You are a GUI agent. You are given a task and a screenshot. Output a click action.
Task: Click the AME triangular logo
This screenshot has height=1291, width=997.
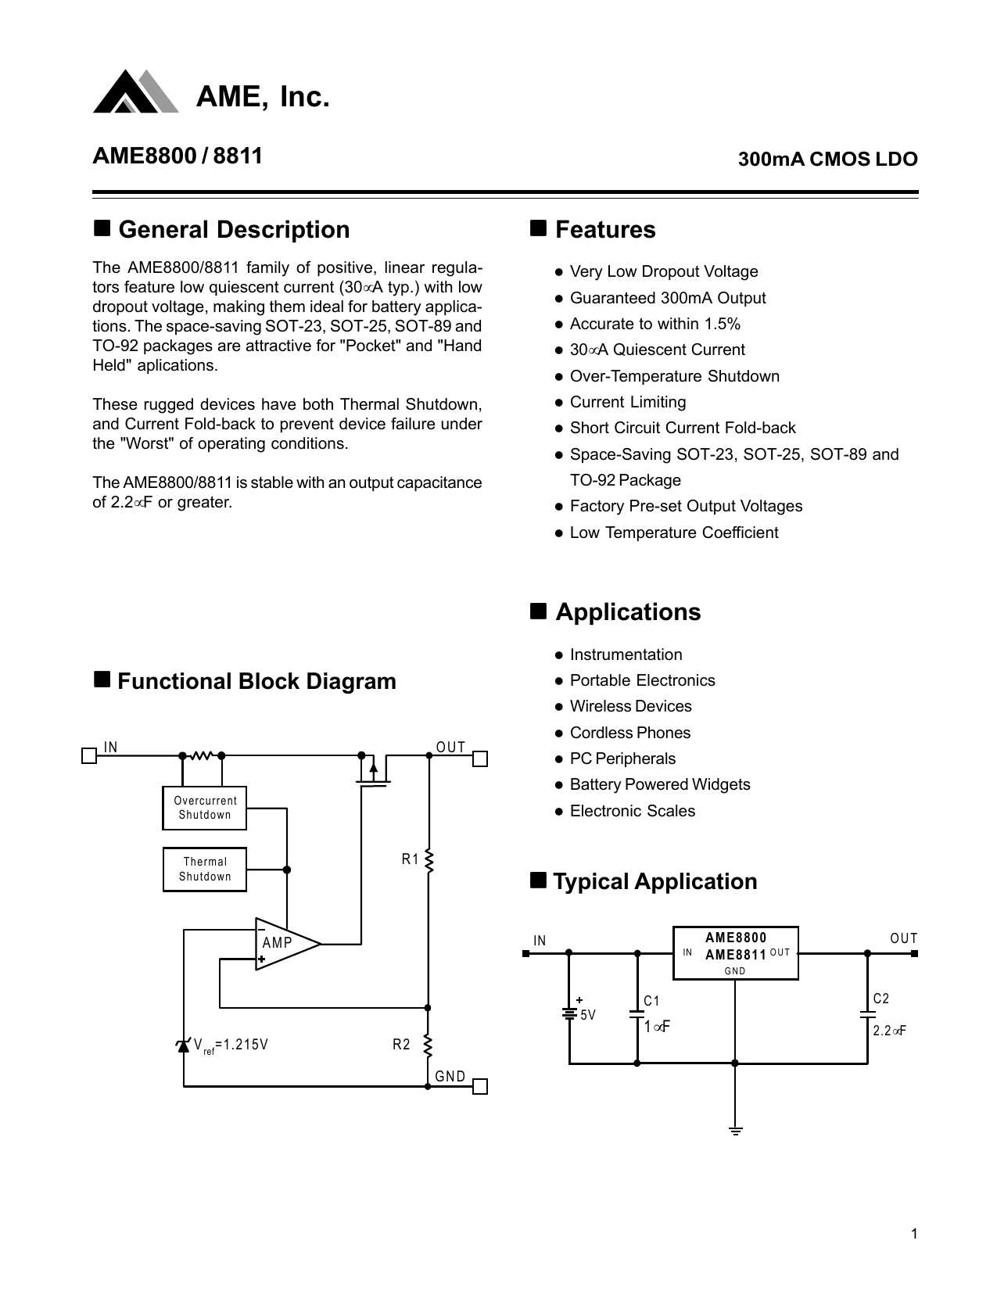135,92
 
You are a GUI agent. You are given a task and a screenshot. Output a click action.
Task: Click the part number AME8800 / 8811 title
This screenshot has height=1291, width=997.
178,156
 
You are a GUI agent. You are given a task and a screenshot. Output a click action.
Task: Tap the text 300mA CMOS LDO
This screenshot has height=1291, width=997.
827,159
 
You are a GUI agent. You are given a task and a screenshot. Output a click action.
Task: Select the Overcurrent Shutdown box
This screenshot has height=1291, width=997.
205,808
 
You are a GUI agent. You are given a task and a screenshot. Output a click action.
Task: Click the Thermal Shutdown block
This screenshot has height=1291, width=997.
205,869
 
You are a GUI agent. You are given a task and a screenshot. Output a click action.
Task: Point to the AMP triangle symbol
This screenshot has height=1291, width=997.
283,943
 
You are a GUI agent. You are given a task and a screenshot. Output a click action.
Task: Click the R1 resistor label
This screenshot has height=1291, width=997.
410,859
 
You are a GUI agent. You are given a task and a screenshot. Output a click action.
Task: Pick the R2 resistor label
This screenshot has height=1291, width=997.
401,1045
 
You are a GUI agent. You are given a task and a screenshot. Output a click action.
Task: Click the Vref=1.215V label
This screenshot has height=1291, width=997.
231,1045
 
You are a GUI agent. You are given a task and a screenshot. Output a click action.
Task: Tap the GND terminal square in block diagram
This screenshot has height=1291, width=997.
481,1087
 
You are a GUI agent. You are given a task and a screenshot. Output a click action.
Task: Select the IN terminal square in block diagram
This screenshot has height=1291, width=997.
89,756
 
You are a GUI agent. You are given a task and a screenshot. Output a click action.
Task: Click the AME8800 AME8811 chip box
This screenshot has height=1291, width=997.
735,952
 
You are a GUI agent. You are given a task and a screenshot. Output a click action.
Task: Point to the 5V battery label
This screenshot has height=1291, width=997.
587,1016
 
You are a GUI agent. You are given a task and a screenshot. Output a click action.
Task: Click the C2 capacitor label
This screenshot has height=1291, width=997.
880,999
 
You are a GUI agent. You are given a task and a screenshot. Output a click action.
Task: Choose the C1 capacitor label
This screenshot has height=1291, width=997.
651,1001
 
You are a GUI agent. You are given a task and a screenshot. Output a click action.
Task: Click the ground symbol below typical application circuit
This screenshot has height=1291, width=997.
735,1130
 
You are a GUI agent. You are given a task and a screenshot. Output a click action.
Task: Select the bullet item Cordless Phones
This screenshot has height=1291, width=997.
629,733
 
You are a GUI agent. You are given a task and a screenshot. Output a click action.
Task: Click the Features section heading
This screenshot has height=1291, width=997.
604,230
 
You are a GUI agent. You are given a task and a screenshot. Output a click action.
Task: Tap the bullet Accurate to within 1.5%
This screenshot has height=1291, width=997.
655,324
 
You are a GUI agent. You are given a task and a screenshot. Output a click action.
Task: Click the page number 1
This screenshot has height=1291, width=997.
914,1234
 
